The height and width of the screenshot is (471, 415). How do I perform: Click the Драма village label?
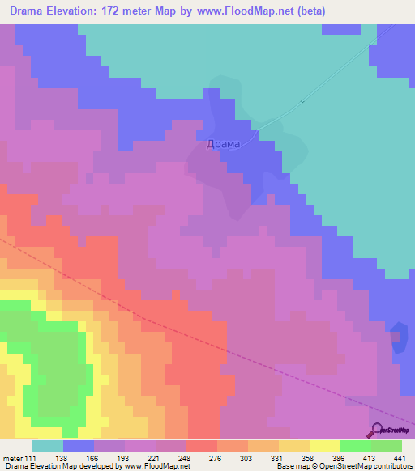pyautogui.click(x=223, y=144)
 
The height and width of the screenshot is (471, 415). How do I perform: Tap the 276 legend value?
pyautogui.click(x=217, y=457)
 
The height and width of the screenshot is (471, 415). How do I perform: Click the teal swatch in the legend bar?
pyautogui.click(x=48, y=446)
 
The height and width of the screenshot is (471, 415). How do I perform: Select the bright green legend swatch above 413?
pyautogui.click(x=356, y=446)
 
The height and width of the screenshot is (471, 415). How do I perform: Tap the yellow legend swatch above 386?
pyautogui.click(x=325, y=446)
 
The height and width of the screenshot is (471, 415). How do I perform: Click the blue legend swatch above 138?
pyautogui.click(x=79, y=446)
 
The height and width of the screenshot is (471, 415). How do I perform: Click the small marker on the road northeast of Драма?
pyautogui.click(x=302, y=101)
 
